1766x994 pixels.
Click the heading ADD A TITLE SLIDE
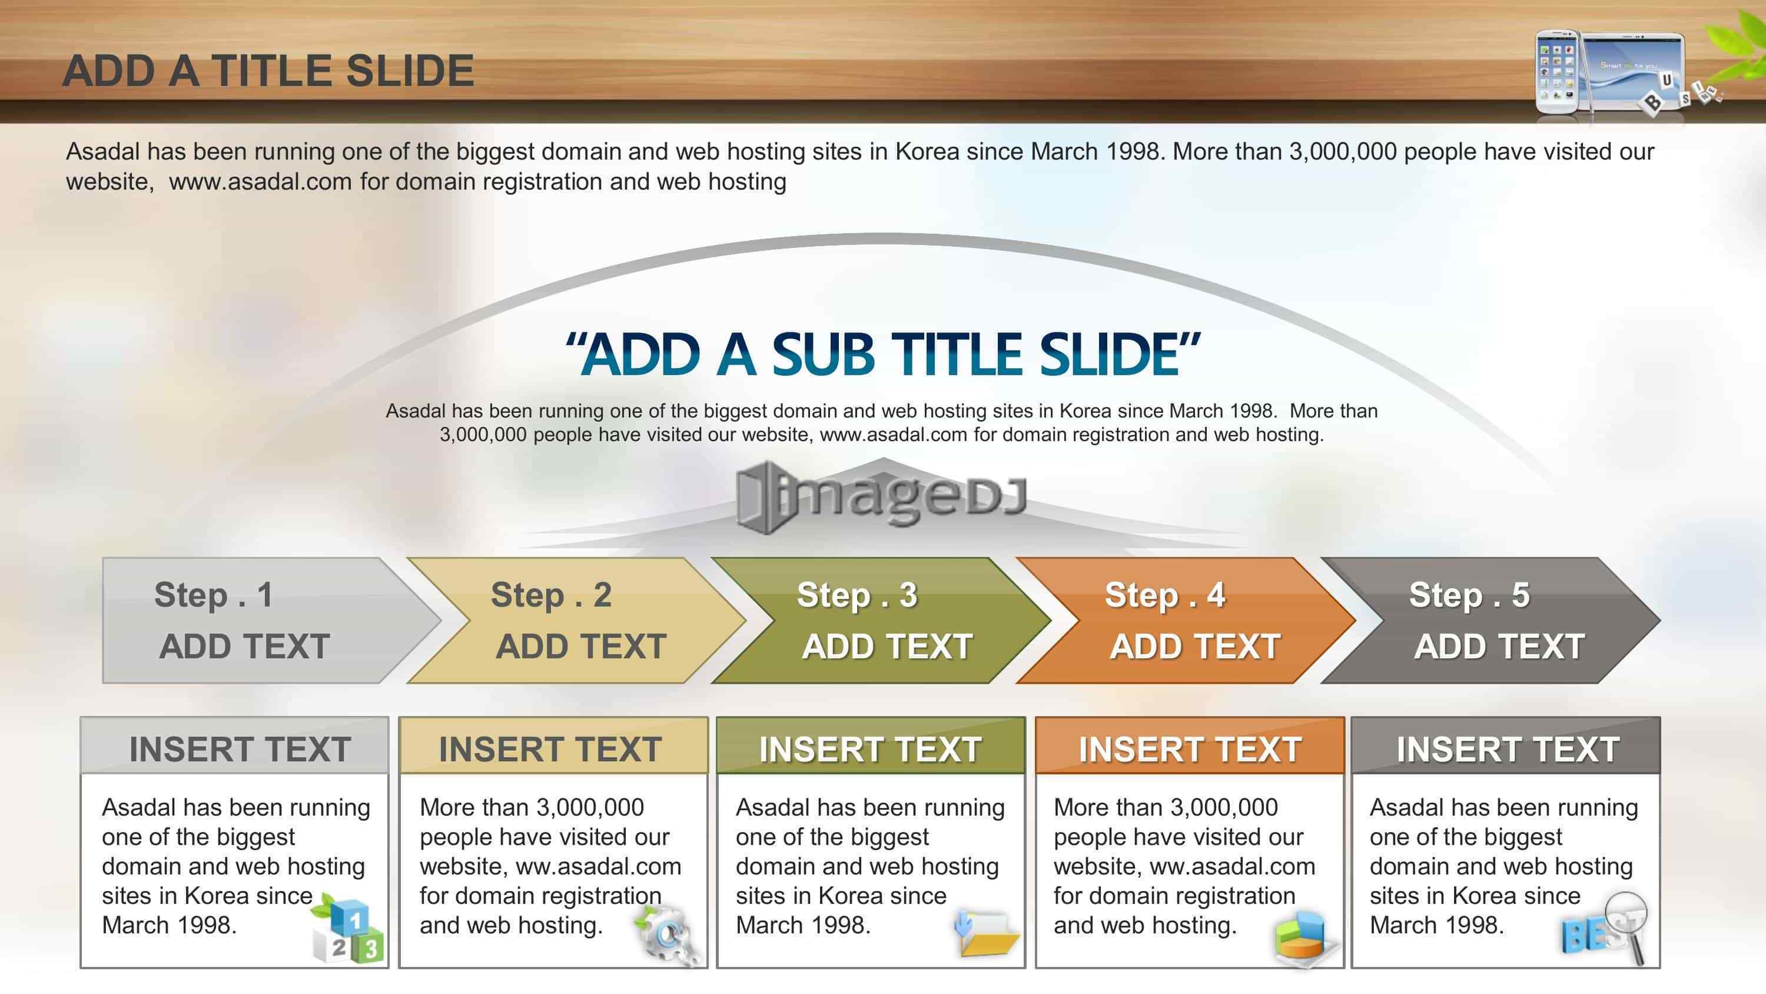[268, 71]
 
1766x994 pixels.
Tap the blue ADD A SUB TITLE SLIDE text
[883, 354]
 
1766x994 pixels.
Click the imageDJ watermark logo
[882, 496]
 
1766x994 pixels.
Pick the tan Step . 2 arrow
[576, 620]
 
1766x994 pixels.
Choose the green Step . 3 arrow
[881, 620]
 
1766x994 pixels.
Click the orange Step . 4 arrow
[1186, 620]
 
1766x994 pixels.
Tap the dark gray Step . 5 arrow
[1491, 620]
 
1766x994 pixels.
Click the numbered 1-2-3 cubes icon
[347, 928]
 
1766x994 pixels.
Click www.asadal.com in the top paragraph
[261, 182]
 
